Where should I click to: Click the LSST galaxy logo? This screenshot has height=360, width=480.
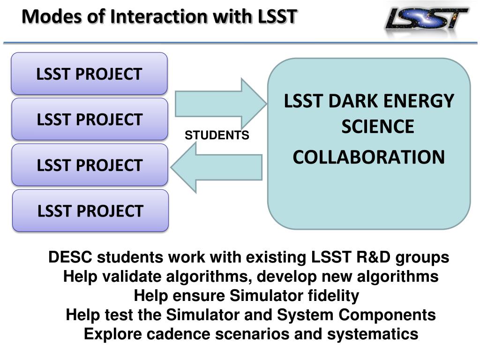[x=426, y=22]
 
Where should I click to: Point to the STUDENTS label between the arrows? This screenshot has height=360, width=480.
[x=217, y=135]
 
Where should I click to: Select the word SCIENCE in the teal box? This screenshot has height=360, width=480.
[x=377, y=127]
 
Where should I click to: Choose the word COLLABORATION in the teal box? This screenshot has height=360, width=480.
[x=368, y=157]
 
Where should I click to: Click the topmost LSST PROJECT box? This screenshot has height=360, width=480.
[x=89, y=74]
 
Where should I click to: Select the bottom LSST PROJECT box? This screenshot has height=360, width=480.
[x=90, y=210]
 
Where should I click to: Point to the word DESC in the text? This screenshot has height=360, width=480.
[x=71, y=257]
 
